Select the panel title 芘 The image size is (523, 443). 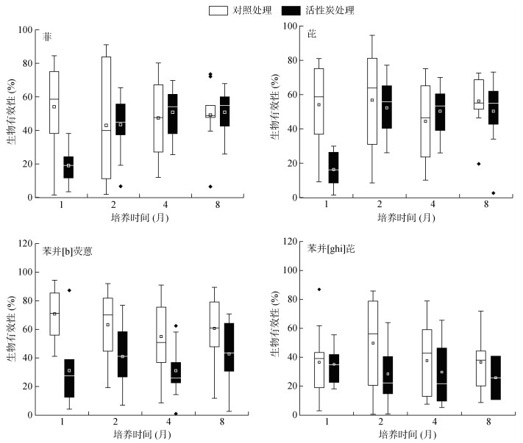(x=311, y=35)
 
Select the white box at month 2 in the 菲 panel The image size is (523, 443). (x=106, y=118)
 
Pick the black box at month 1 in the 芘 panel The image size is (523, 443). (x=332, y=168)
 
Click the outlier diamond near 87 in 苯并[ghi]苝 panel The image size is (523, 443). (x=319, y=289)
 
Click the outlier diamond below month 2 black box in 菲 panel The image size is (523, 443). (x=121, y=187)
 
